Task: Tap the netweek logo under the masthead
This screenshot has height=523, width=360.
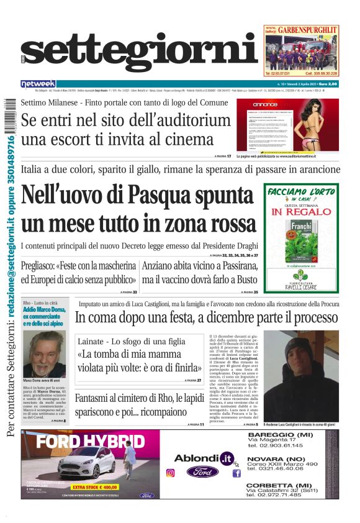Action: [x=38, y=84]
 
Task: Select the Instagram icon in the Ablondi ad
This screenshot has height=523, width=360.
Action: [x=170, y=473]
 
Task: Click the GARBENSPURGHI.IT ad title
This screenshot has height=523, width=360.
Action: [x=308, y=29]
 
